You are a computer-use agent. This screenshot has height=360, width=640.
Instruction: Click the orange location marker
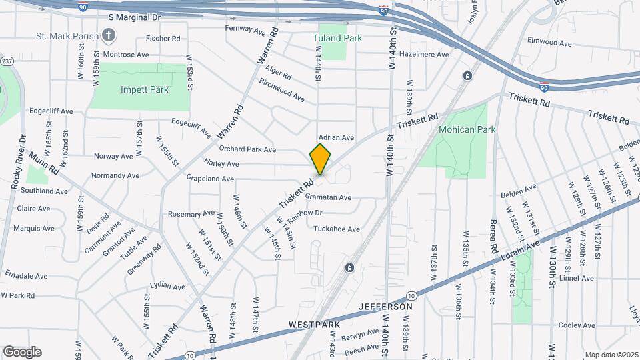click(x=321, y=159)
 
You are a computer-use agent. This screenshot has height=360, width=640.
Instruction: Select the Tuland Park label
click(x=337, y=38)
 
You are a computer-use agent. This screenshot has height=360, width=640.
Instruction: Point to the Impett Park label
click(x=145, y=89)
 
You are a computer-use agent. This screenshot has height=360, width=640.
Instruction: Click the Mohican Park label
click(x=467, y=129)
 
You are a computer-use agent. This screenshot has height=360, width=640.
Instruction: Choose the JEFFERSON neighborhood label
click(x=386, y=307)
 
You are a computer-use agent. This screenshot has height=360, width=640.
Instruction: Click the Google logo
click(x=22, y=352)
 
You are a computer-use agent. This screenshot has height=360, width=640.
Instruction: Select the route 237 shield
click(x=7, y=61)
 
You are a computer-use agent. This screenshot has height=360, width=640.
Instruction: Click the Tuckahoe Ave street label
click(x=337, y=229)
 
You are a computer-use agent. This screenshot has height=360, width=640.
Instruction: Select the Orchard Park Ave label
click(x=247, y=149)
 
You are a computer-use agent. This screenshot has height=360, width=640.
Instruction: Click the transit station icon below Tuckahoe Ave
click(x=349, y=268)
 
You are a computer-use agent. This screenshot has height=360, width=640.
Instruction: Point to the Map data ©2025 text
click(x=611, y=355)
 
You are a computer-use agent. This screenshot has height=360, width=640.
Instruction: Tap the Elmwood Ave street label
click(x=549, y=43)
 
